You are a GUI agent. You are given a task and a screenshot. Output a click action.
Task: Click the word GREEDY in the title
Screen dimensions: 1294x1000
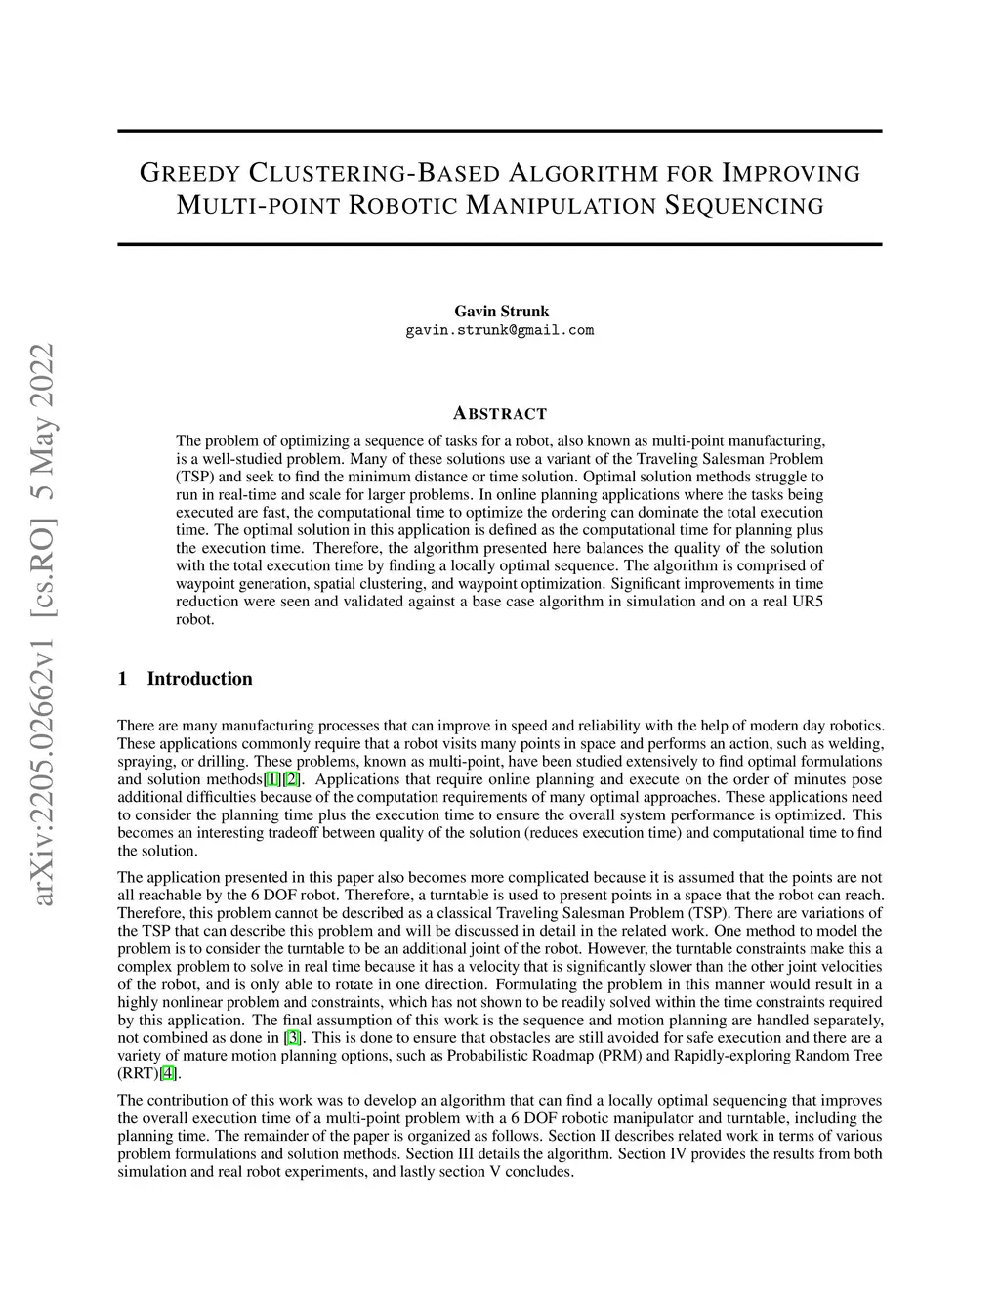(x=189, y=174)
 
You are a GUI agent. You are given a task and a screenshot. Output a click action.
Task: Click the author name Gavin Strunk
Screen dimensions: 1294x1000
(x=501, y=312)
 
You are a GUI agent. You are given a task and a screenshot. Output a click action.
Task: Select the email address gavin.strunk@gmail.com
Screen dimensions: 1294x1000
(x=500, y=330)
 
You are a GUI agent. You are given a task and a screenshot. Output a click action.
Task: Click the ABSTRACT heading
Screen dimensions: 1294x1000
(x=500, y=413)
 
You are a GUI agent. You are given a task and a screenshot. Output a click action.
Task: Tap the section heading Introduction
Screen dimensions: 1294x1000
(x=199, y=679)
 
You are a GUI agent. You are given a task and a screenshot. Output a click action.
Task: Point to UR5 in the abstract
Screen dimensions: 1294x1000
(x=806, y=602)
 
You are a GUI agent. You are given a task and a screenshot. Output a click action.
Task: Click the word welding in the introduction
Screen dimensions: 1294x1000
(x=856, y=743)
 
